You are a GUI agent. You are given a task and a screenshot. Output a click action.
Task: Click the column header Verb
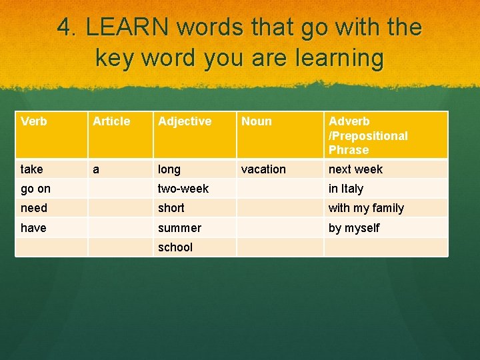point(34,121)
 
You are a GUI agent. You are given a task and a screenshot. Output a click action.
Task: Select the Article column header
point(111,121)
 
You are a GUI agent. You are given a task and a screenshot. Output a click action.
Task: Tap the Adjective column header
point(185,121)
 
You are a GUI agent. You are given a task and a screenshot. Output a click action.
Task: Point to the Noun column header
point(257,121)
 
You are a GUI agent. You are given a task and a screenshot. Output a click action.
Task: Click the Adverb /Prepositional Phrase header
point(368,135)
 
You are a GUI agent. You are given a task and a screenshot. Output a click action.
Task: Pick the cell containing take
point(32,169)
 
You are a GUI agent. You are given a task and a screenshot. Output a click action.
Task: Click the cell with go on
point(35,189)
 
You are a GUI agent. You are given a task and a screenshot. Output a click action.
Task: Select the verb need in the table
point(34,208)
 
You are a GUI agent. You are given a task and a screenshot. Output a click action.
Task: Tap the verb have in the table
point(33,228)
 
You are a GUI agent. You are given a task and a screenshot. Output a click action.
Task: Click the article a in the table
point(96,169)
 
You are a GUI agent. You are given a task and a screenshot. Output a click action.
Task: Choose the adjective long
point(169,169)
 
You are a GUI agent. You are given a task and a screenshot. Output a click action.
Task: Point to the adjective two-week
point(183,189)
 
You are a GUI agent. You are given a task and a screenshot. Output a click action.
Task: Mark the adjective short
point(171,208)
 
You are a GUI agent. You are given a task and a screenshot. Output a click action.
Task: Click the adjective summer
point(179,228)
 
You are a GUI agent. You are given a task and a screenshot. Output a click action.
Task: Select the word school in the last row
point(175,247)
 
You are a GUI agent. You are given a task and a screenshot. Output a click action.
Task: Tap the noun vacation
point(263,169)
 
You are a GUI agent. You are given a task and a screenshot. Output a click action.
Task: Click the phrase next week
point(355,169)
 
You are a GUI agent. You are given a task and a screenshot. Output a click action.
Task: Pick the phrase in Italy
point(345,189)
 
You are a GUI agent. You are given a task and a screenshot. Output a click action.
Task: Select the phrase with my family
point(366,208)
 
